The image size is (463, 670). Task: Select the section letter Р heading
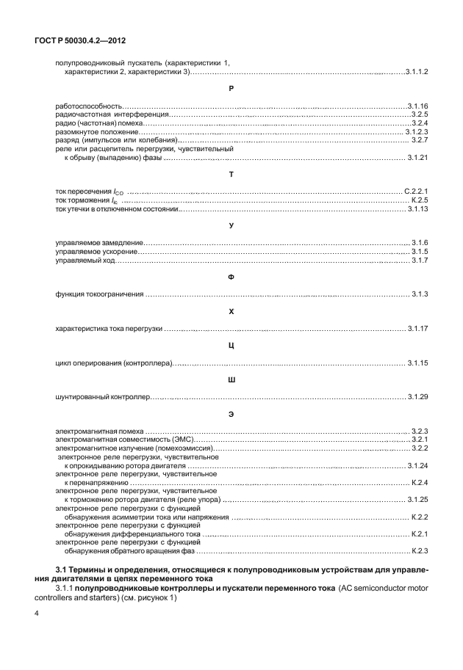pyautogui.click(x=231, y=88)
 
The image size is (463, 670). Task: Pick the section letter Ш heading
pyautogui.click(x=231, y=379)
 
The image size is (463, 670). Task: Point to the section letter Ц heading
pyautogui.click(x=231, y=346)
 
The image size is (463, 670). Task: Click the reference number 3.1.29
pyautogui.click(x=417, y=397)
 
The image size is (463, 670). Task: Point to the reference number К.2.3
pyautogui.click(x=420, y=550)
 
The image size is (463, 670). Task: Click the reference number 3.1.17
pyautogui.click(x=417, y=329)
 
